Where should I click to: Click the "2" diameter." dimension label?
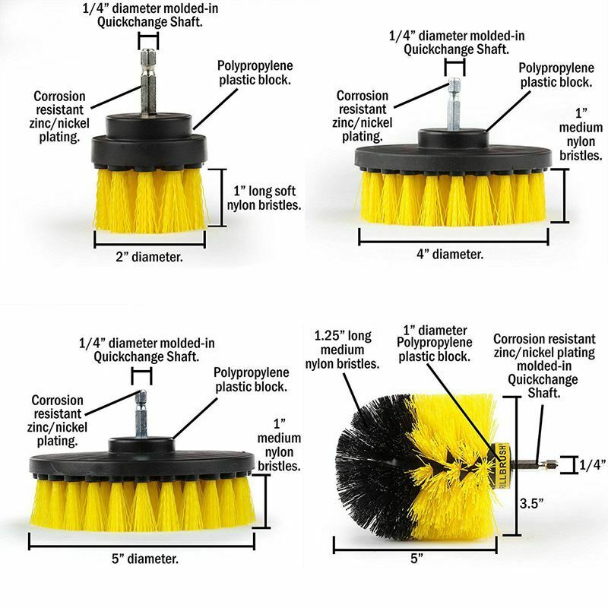(149, 257)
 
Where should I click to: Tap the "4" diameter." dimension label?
(450, 255)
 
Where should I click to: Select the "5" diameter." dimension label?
(145, 559)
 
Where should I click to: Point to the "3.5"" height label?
(531, 504)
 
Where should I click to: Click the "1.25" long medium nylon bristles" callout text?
(343, 350)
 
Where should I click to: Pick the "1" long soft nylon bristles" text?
(264, 198)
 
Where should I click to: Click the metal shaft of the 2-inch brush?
(148, 82)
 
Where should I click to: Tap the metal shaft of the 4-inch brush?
(454, 104)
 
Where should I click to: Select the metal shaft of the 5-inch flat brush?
(141, 414)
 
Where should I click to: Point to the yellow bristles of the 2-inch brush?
(150, 201)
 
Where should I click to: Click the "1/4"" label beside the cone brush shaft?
(593, 465)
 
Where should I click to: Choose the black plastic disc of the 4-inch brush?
(453, 155)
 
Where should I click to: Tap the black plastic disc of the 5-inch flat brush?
(142, 461)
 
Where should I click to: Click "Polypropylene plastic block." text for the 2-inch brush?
(255, 72)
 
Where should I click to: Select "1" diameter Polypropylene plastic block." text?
(434, 344)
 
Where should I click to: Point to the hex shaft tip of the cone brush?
(553, 463)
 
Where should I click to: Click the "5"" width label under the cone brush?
(416, 559)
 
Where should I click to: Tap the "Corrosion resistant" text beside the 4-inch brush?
(363, 103)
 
